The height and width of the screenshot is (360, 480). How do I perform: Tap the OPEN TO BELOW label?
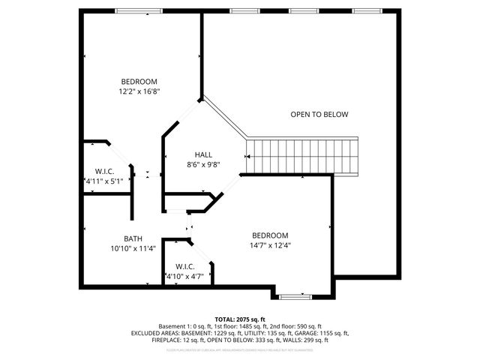coord(319,114)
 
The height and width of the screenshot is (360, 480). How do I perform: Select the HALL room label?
coord(203,154)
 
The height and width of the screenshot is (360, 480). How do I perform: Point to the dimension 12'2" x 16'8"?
coord(139,91)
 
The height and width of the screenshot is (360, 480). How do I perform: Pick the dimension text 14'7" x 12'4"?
coord(270,244)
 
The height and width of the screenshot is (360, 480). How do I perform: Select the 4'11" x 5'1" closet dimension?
coord(103,181)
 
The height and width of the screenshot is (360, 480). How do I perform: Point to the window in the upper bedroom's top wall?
coord(138,10)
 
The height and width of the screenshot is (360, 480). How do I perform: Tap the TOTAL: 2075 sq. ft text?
coord(239,319)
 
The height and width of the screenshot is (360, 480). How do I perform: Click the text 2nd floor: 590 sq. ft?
coord(295,326)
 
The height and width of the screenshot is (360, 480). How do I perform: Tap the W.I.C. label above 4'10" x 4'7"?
coord(185,266)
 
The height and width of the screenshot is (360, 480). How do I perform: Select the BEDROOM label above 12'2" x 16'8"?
coord(139,82)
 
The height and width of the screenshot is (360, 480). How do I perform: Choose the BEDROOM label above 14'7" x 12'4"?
coord(270,235)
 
